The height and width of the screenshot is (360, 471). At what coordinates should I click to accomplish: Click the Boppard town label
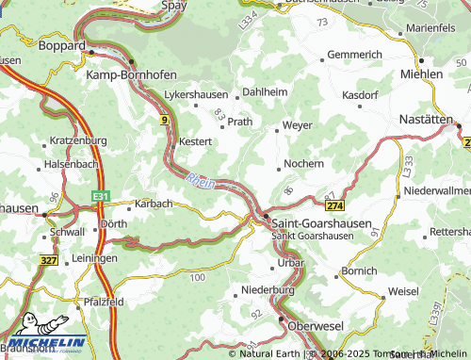click(61, 44)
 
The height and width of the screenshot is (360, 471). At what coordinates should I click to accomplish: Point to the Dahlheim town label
click(265, 91)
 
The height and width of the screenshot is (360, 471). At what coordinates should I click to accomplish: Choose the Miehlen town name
click(421, 74)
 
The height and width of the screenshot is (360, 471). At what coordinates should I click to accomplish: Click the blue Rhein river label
click(201, 179)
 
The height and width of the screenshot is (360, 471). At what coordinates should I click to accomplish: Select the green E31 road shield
click(101, 194)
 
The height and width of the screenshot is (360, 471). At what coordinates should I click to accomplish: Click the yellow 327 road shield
click(49, 258)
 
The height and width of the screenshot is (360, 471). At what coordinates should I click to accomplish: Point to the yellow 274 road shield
click(334, 205)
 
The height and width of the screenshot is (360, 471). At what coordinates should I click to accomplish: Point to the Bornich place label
click(359, 270)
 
